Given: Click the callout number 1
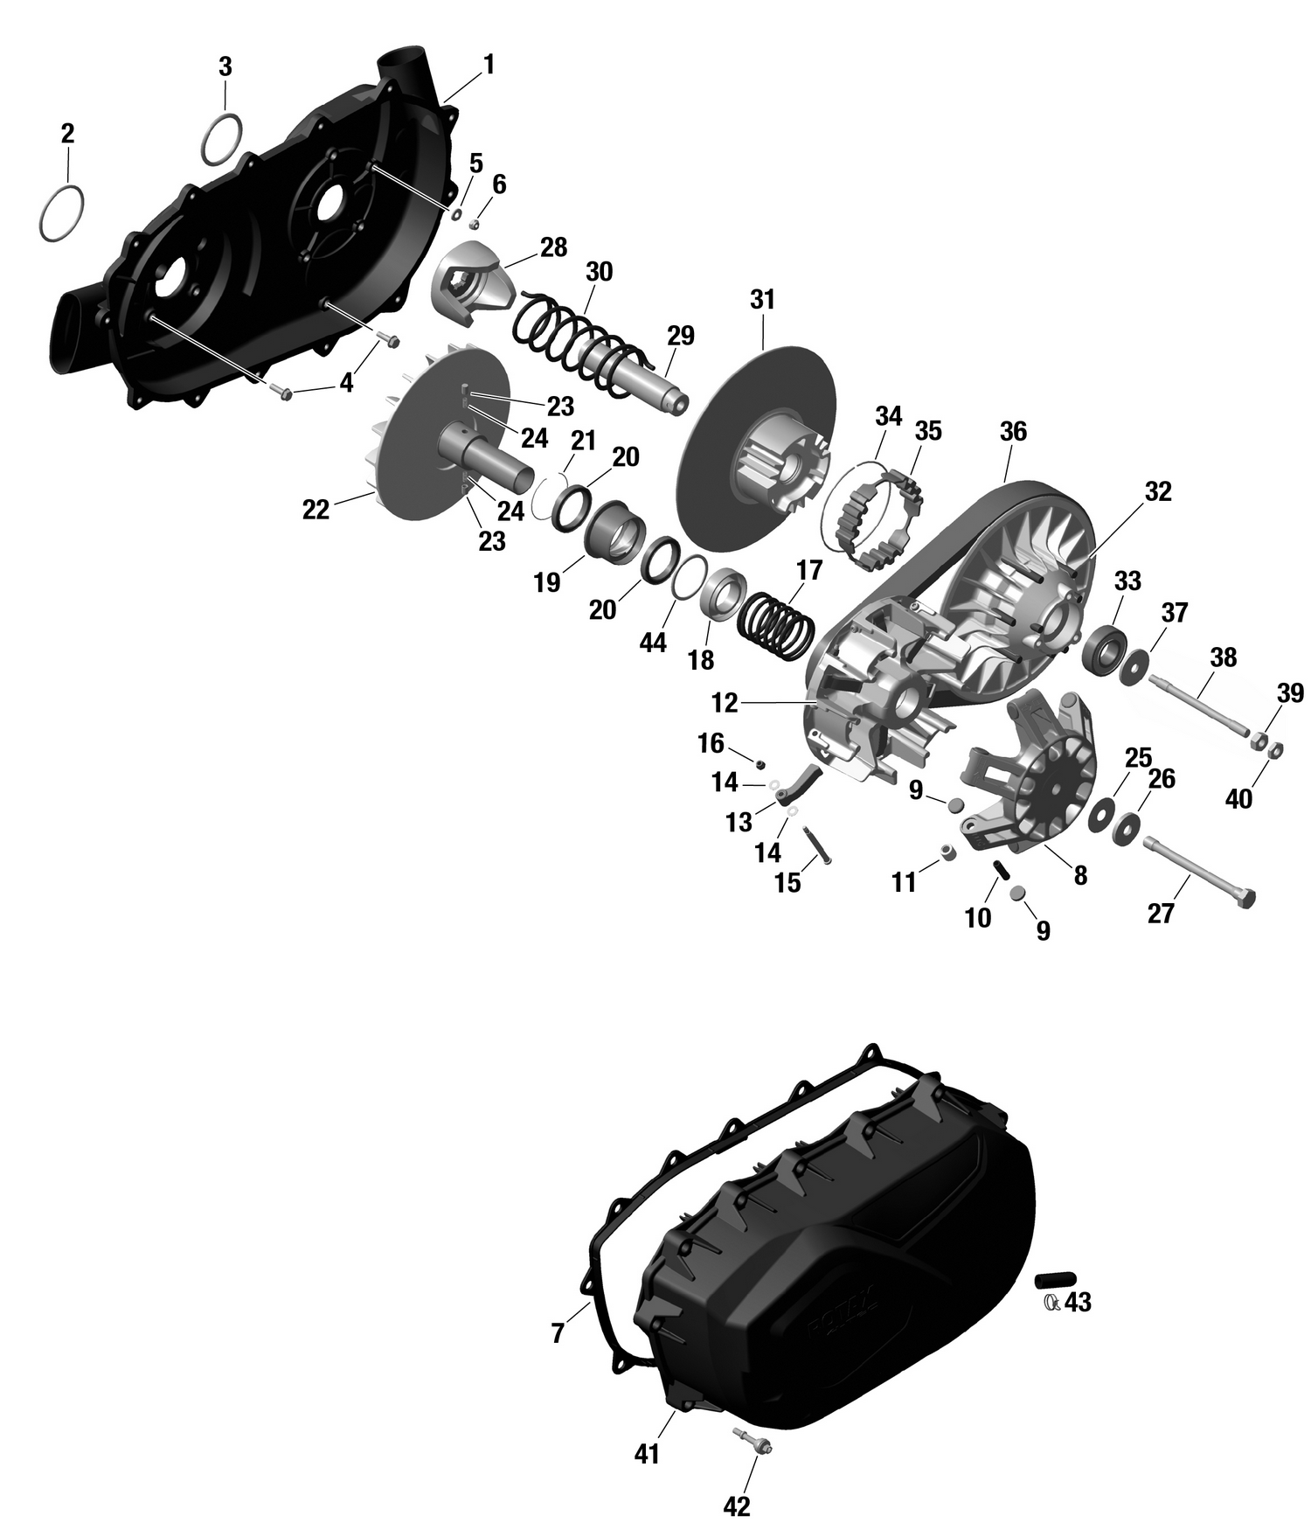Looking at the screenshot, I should (x=489, y=65).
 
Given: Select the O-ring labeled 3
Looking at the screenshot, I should (x=223, y=138).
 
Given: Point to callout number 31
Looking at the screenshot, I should (x=762, y=300).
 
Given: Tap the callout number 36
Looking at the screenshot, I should (x=1013, y=431).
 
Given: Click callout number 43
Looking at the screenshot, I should (x=1079, y=1303).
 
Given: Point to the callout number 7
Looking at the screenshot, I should (x=558, y=1333).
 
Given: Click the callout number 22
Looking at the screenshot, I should (x=316, y=510).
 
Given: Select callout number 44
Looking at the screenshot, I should (x=653, y=643).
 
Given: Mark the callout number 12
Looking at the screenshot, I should (x=725, y=702).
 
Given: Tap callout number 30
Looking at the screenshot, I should (x=599, y=271).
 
